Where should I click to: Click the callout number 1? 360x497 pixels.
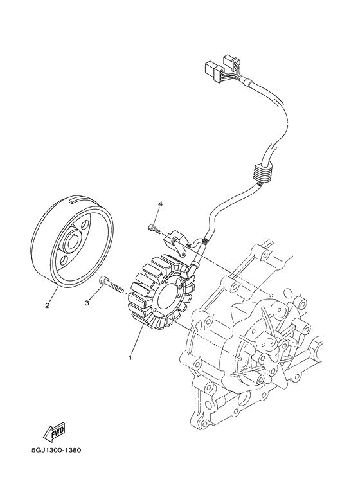[130, 356]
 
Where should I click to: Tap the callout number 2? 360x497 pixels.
[47, 305]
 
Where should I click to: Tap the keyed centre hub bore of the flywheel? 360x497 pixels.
[72, 244]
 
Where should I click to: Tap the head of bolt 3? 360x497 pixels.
[104, 280]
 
